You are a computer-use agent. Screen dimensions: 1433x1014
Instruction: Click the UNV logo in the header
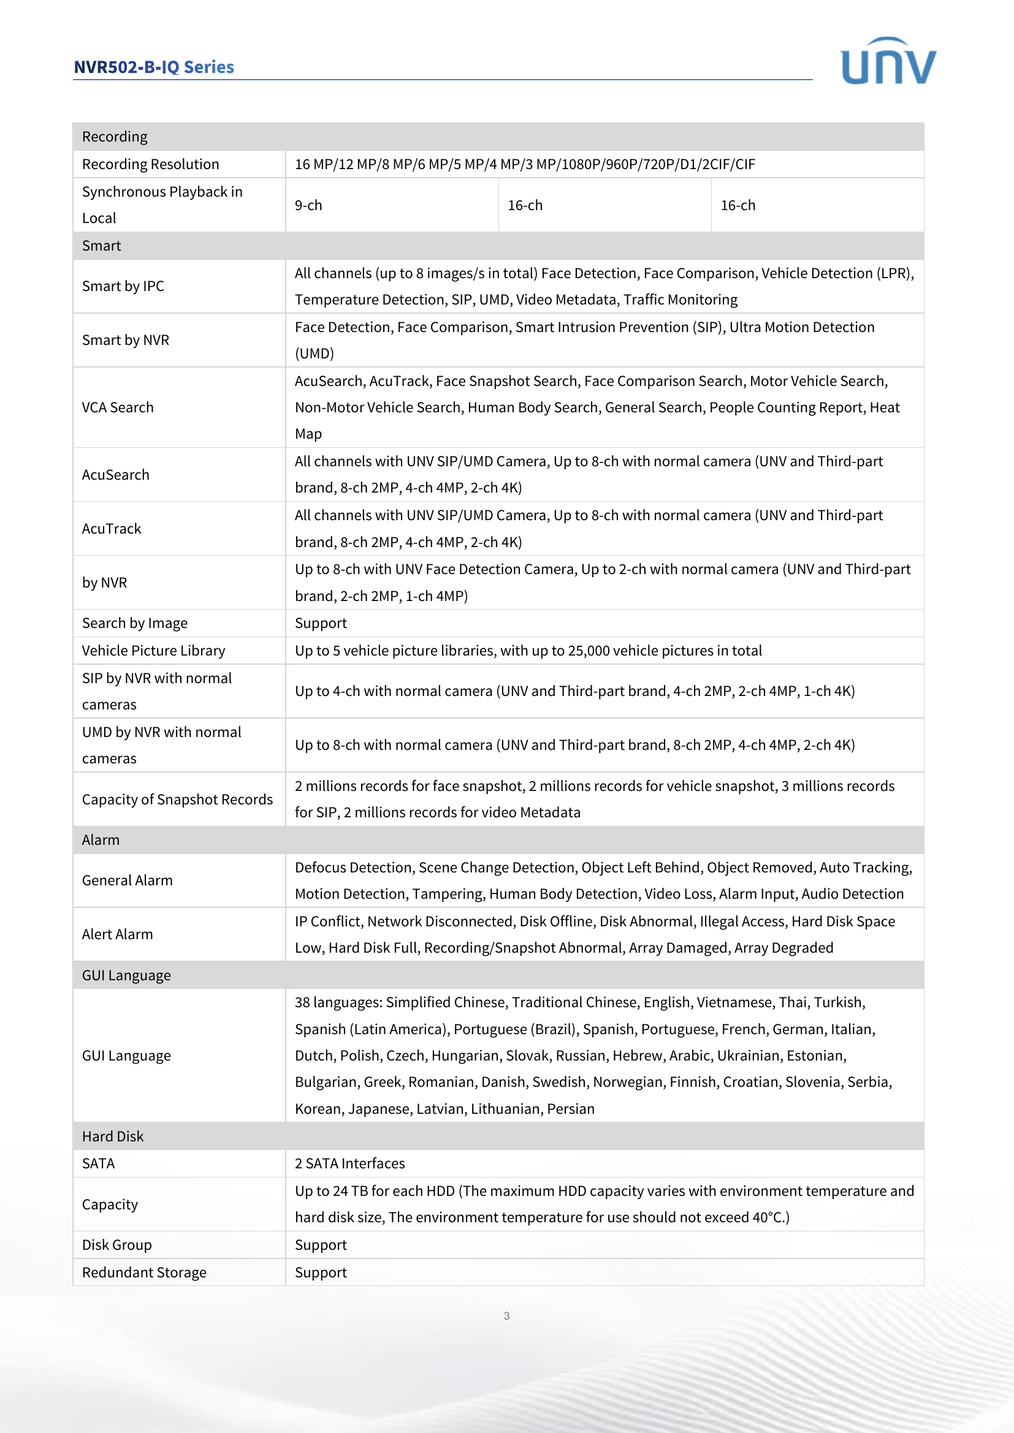[888, 61]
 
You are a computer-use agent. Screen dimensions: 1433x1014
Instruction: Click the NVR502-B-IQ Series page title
[154, 67]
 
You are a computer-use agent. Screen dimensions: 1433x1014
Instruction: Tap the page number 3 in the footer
[506, 1315]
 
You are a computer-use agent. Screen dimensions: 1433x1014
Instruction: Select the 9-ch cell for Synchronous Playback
[308, 205]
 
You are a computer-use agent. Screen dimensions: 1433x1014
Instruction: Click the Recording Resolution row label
[150, 164]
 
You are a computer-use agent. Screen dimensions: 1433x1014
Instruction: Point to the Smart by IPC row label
[123, 286]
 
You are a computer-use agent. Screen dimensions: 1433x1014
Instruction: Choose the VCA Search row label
[117, 407]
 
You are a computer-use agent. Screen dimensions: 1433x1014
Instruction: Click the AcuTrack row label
[112, 529]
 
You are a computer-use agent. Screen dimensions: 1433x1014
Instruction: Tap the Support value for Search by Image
[320, 623]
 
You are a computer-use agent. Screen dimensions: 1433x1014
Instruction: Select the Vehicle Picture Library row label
[154, 651]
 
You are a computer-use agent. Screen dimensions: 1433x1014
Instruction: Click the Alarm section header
[101, 840]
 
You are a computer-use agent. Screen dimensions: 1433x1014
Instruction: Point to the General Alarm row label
[128, 880]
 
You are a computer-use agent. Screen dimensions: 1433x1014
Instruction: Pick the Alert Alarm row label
[117, 934]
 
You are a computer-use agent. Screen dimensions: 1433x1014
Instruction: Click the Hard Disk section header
[113, 1136]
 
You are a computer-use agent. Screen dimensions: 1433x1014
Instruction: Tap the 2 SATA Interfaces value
[349, 1163]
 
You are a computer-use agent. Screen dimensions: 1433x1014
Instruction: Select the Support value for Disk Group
[320, 1244]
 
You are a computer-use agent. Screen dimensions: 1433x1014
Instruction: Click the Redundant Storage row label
[144, 1272]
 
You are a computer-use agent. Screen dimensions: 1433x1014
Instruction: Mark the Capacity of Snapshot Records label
[177, 800]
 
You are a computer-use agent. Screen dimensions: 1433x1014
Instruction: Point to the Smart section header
[101, 246]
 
